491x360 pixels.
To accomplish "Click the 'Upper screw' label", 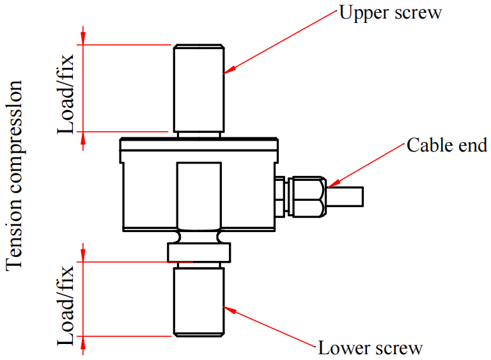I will pyautogui.click(x=390, y=13).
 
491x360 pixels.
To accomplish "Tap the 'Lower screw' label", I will pyautogui.click(x=370, y=348).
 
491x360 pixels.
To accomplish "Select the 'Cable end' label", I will pyautogui.click(x=447, y=145).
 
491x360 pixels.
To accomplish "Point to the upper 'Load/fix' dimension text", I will pyautogui.click(x=66, y=93).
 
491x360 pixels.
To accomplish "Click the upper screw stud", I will pyautogui.click(x=198, y=87).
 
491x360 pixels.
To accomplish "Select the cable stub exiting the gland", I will pyautogui.click(x=345, y=196).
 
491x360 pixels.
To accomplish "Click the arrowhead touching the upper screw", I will pyautogui.click(x=229, y=70).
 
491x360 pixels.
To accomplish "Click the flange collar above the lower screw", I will pyautogui.click(x=198, y=252).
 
